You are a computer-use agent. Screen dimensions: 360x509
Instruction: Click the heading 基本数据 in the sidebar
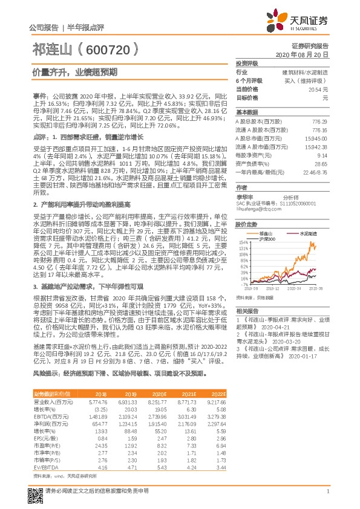[246, 112]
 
